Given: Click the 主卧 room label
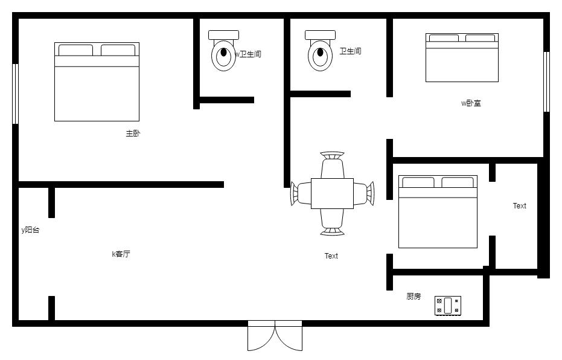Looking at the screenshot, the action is [133, 133].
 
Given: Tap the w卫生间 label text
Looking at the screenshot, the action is [247, 54].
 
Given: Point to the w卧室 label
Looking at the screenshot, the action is [471, 103].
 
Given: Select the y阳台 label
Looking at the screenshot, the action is [30, 230].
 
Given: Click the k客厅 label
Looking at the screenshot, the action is [121, 254].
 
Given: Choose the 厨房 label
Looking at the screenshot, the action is [414, 297].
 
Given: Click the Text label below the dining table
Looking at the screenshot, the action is [331, 256].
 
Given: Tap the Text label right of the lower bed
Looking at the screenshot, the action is [519, 206].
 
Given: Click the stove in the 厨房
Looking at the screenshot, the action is [448, 306].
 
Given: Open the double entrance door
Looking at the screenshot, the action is [275, 336].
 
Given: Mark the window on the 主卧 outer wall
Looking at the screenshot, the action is [16, 94].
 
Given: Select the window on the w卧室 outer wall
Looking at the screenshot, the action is [546, 82].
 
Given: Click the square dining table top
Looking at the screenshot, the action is [332, 193].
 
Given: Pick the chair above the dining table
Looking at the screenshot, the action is [332, 164].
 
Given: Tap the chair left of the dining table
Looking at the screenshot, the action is [301, 193].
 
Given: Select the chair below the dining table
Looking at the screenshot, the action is [332, 222].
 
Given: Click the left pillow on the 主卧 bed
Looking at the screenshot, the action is [75, 50].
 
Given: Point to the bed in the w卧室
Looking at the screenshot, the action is [462, 58].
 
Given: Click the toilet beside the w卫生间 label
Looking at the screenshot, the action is [223, 51].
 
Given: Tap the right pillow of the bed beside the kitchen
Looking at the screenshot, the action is [458, 182].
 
